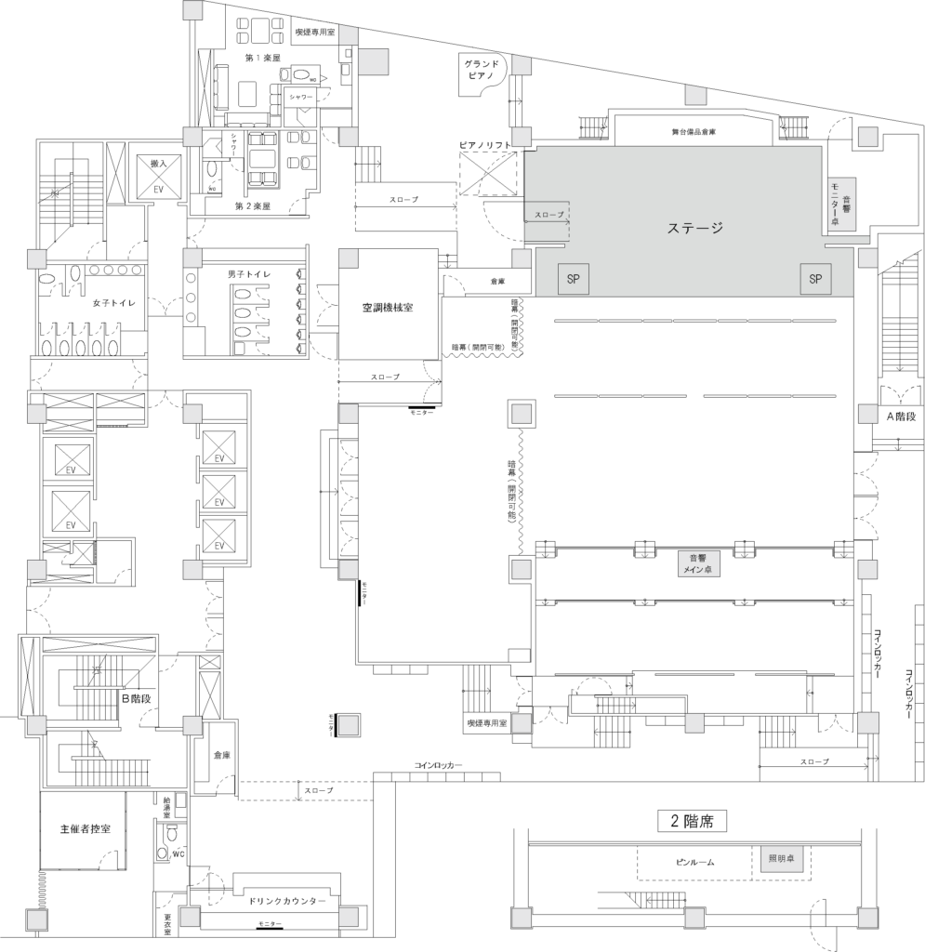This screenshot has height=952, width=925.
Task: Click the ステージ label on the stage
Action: (x=695, y=227)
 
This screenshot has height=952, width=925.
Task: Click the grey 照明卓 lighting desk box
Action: (x=780, y=860)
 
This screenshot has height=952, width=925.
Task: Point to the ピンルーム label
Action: (x=694, y=862)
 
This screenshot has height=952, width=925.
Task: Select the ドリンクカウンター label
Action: (x=287, y=902)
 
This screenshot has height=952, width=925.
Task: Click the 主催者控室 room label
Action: (x=85, y=828)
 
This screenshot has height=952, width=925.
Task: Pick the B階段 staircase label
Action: (x=136, y=696)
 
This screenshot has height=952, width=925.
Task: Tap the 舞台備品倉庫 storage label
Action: (x=694, y=132)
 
